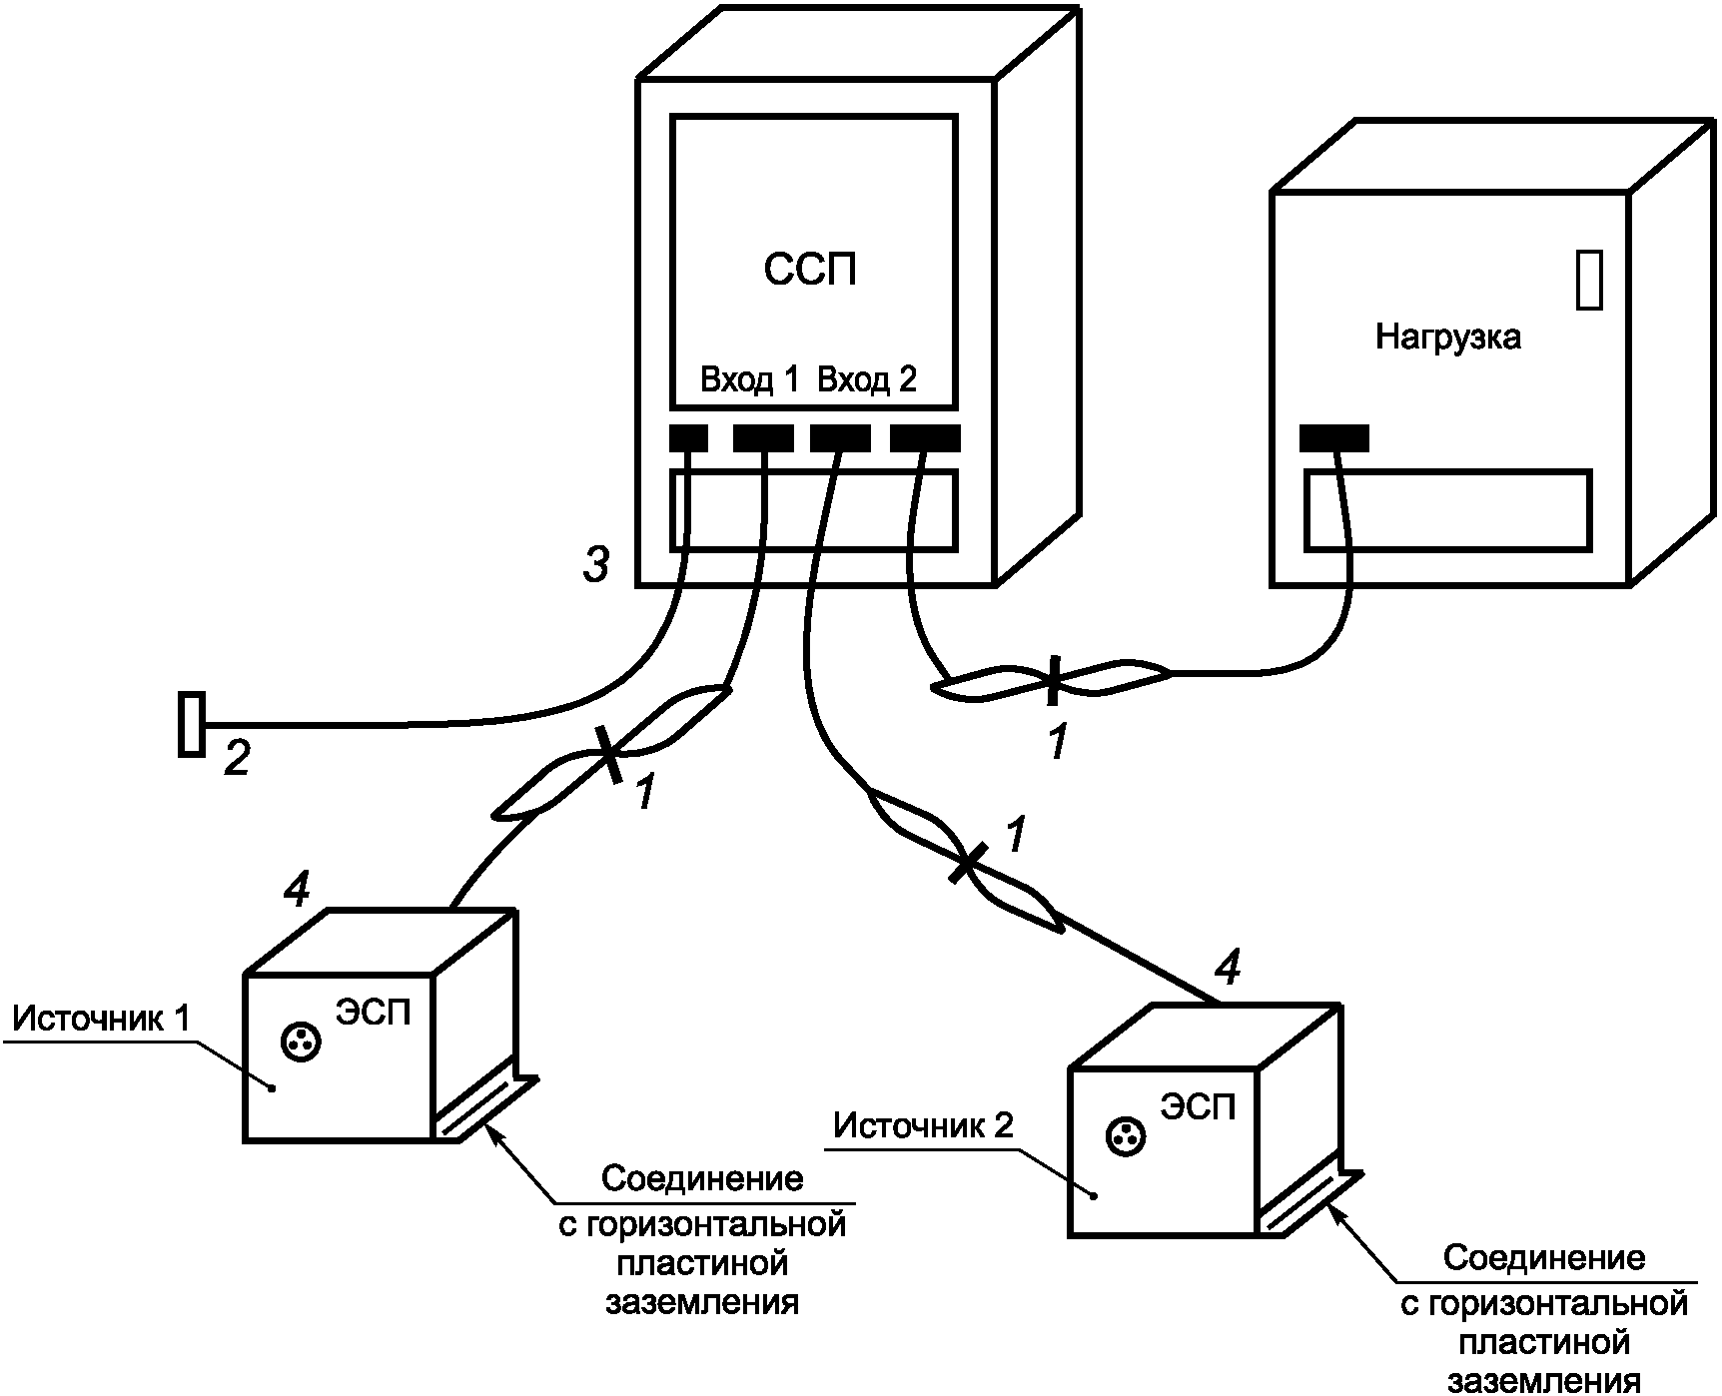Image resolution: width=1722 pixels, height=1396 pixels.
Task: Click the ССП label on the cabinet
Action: pos(810,270)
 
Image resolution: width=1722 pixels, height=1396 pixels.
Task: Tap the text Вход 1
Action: pos(750,380)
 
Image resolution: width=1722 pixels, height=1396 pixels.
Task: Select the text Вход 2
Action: pos(867,380)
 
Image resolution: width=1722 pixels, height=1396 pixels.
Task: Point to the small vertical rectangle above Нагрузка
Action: pos(1590,280)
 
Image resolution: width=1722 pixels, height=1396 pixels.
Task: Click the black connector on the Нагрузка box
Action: pos(1334,438)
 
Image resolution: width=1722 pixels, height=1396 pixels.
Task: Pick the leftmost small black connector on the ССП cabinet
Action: pos(689,438)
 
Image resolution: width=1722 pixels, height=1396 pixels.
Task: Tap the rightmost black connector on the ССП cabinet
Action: pos(925,438)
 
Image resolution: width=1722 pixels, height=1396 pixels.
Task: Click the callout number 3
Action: pos(596,567)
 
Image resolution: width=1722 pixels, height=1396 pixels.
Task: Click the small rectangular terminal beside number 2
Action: pos(191,724)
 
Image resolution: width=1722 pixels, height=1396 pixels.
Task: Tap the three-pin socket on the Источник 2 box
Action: pos(1126,1136)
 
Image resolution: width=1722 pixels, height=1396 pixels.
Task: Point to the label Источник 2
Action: pos(924,1125)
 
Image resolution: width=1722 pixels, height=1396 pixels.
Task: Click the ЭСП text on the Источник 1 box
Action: pos(374,1014)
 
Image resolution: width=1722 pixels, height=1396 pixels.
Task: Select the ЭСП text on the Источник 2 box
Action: pos(1198,1106)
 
